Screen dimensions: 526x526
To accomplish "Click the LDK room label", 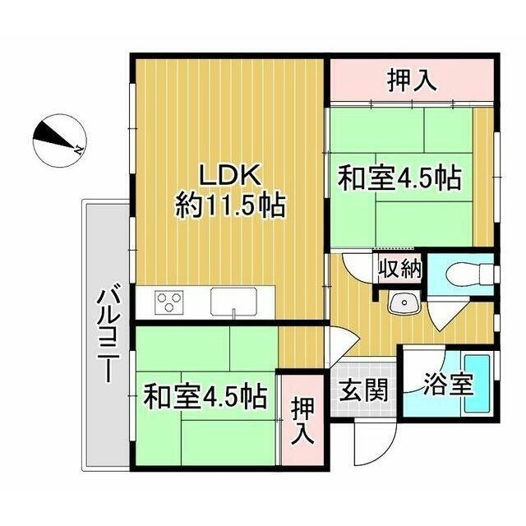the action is click(230, 175).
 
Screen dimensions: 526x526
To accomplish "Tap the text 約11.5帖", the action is click(231, 206).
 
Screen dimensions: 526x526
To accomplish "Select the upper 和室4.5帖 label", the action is click(399, 178).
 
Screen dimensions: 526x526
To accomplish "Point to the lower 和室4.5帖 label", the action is click(205, 397).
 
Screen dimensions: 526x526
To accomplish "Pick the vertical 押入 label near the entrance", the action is click(302, 422).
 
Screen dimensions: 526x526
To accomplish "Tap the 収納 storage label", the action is click(400, 269).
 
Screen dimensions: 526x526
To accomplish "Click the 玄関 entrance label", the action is click(363, 390).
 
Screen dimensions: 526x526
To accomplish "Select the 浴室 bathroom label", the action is click(448, 385).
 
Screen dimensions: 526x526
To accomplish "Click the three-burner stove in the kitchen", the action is click(169, 302).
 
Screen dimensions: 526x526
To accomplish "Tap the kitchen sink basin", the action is click(233, 302).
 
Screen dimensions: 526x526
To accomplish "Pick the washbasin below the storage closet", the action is click(404, 302).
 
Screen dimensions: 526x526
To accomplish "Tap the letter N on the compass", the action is click(79, 150).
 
